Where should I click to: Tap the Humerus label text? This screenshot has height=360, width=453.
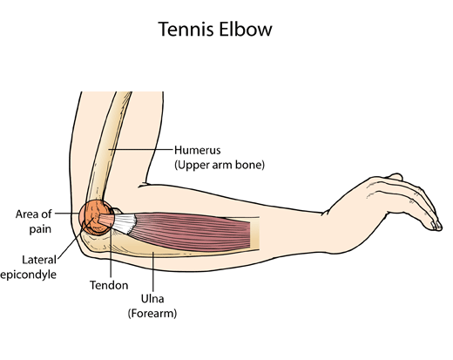198,150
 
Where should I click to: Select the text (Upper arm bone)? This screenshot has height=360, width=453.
220,165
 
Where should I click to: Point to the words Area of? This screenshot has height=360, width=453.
34,214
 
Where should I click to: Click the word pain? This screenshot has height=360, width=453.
40,229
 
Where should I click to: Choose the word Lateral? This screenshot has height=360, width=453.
39,260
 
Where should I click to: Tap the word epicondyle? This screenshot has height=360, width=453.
28,275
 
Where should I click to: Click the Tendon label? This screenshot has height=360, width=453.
109,285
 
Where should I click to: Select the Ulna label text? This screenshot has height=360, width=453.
152,299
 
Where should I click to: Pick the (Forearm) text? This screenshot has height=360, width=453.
152,314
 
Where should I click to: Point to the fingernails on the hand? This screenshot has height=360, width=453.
436,225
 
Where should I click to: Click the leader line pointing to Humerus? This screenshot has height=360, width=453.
141,149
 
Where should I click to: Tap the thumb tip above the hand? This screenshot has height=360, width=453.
396,176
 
